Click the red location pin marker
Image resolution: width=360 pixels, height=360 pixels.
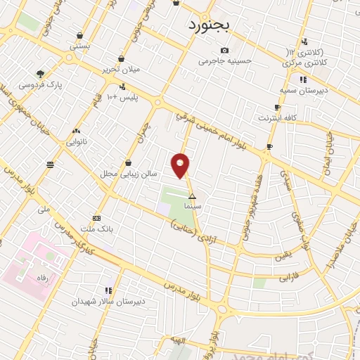pyautogui.click(x=181, y=165)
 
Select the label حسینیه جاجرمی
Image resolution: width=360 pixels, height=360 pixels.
pyautogui.click(x=224, y=61)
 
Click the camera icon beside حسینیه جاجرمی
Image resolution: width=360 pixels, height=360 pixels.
pyautogui.click(x=224, y=50)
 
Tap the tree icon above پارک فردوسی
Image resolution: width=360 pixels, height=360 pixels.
pyautogui.click(x=41, y=73)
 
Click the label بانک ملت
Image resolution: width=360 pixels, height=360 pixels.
pyautogui.click(x=97, y=229)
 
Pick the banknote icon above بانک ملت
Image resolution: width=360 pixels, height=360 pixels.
pyautogui.click(x=96, y=218)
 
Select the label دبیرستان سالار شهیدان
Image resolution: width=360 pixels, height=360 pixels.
pyautogui.click(x=109, y=301)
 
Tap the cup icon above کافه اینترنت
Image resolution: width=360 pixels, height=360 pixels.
pyautogui.click(x=277, y=107)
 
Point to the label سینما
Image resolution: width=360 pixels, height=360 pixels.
pyautogui.click(x=192, y=207)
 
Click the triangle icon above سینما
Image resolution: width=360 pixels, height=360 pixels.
pyautogui.click(x=192, y=198)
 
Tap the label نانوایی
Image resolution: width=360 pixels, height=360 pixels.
pyautogui.click(x=76, y=141)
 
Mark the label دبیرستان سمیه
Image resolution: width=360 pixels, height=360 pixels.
pyautogui.click(x=302, y=90)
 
